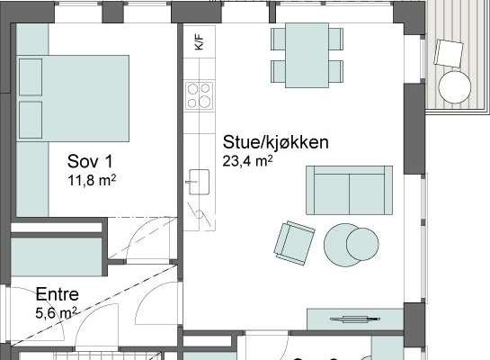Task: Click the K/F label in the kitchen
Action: [199, 42]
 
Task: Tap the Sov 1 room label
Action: [90, 161]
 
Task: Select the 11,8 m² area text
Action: [92, 181]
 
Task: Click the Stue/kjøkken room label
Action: [275, 142]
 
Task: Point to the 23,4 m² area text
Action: [247, 161]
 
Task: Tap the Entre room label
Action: [58, 294]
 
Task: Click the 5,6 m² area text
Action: [56, 313]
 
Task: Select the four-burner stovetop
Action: [199, 95]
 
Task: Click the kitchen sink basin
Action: [200, 182]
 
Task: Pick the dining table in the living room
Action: [307, 56]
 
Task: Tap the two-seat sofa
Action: [349, 190]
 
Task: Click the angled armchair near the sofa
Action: [294, 243]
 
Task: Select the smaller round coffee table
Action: [362, 244]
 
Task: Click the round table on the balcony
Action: [455, 87]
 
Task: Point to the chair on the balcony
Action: [449, 53]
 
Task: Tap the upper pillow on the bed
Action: [31, 76]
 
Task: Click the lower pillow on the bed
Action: [31, 120]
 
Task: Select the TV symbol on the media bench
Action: [355, 319]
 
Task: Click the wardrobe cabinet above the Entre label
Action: [57, 257]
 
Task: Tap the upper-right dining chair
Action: [336, 39]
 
